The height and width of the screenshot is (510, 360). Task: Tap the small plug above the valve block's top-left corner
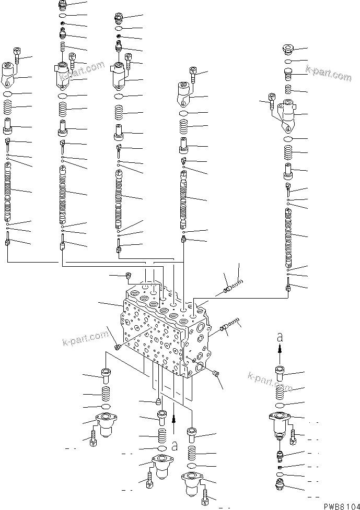128,276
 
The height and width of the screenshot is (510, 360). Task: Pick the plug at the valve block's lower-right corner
216,373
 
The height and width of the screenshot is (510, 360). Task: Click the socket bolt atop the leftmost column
17,54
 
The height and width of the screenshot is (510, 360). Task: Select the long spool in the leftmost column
8,191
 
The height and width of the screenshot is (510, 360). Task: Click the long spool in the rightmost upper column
288,238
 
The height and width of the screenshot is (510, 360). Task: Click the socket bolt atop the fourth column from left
193,72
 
